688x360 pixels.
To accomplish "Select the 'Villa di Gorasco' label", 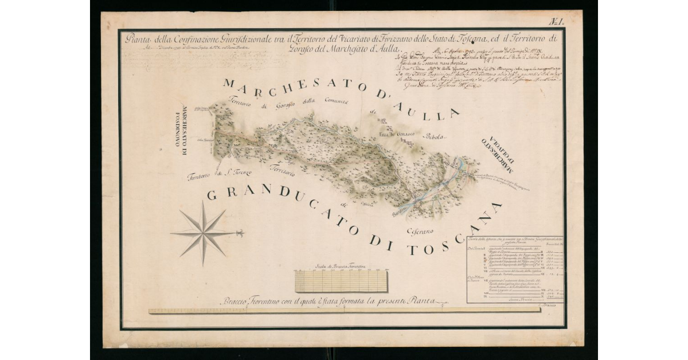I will tap(397, 134).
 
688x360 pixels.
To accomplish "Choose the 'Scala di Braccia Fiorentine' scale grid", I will tap(341, 280).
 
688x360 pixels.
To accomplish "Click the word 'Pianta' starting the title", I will tap(138, 40).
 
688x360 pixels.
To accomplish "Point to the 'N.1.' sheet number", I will tap(556, 22).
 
